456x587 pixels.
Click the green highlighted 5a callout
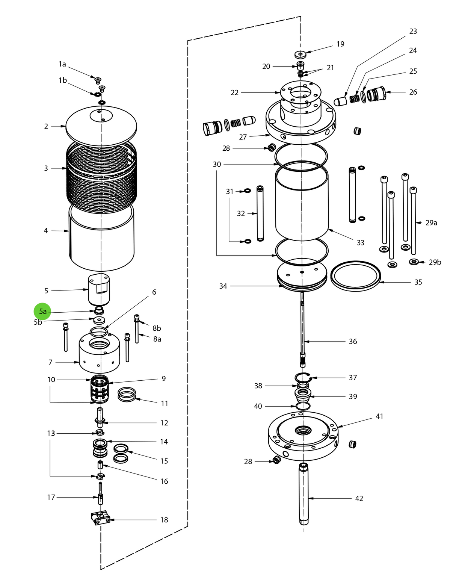tap(42, 312)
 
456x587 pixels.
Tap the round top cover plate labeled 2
tap(101, 126)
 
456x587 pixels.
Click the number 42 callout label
tap(359, 498)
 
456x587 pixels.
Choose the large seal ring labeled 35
tap(355, 276)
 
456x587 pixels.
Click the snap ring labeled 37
tap(303, 377)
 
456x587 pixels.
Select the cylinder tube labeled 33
tap(302, 203)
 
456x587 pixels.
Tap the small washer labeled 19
tap(300, 54)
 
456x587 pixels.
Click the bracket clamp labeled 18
tap(100, 518)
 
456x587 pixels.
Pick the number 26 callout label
tap(413, 92)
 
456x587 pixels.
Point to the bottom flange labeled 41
tap(303, 436)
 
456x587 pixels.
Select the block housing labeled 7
tap(99, 355)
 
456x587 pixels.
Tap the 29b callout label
tap(435, 262)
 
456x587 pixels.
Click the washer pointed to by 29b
tap(414, 262)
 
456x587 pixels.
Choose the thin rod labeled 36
tap(303, 327)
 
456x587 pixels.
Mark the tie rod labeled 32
tap(260, 213)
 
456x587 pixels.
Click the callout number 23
tap(413, 32)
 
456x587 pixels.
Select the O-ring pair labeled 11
tap(127, 395)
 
